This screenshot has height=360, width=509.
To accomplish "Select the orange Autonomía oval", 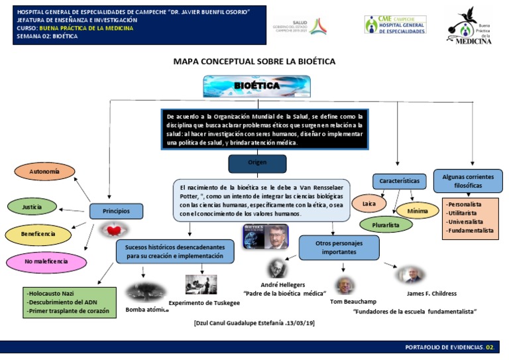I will coord(44,172).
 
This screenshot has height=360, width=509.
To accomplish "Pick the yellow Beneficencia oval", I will coord(38,235).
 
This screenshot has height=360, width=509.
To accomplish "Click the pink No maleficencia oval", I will coord(46,262).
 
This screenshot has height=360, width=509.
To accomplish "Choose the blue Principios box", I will coord(116,211).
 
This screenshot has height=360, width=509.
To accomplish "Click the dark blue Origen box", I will coord(257,163).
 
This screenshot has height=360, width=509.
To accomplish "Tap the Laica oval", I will coord(366,202).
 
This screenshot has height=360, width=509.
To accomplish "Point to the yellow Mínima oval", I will coord(418,211).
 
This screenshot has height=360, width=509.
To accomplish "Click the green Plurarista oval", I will coord(386,225).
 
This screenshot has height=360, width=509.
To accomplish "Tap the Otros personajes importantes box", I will coord(339,247).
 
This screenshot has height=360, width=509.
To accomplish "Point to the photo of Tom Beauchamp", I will coord(343,285).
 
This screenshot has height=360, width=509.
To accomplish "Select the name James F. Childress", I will coord(431,293).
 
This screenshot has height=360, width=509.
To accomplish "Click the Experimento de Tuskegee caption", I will coord(204,302).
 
